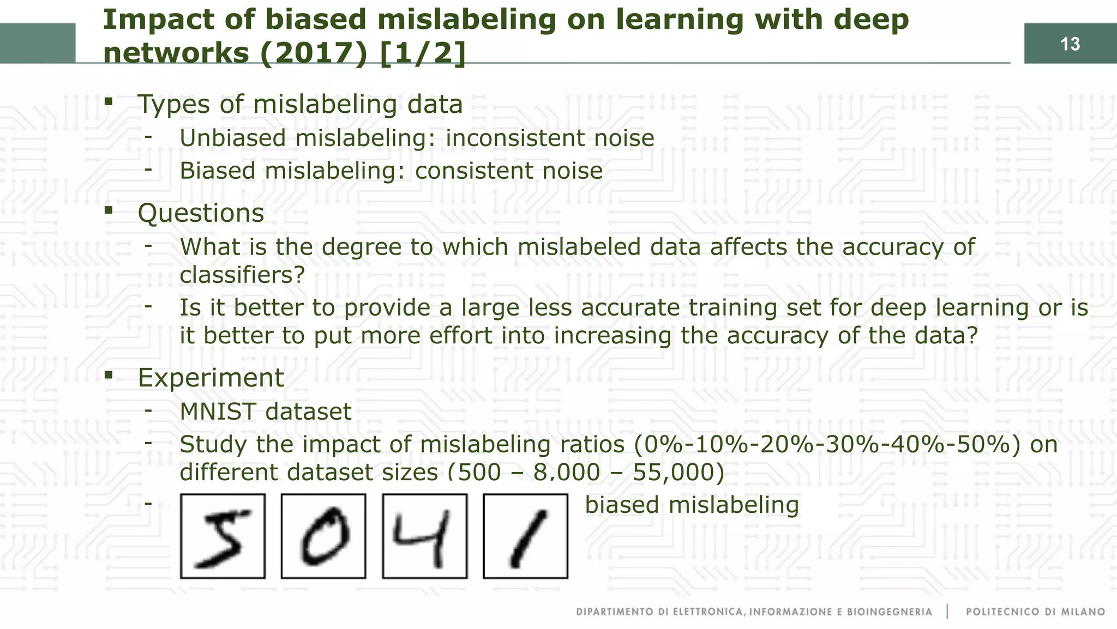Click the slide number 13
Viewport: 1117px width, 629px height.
click(1070, 44)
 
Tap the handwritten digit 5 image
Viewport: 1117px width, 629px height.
click(223, 536)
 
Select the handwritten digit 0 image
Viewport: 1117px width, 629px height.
click(323, 536)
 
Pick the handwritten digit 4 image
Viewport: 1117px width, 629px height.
click(425, 536)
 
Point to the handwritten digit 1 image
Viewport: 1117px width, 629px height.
click(525, 536)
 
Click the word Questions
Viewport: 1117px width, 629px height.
click(201, 213)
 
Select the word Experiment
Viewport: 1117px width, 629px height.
click(211, 378)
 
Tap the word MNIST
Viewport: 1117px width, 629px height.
click(218, 412)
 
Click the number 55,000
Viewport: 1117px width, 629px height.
click(678, 472)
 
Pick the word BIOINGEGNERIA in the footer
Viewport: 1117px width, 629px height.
click(889, 612)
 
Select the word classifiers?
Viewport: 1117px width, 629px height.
click(242, 275)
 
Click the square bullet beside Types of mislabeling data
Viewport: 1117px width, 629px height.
click(109, 101)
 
